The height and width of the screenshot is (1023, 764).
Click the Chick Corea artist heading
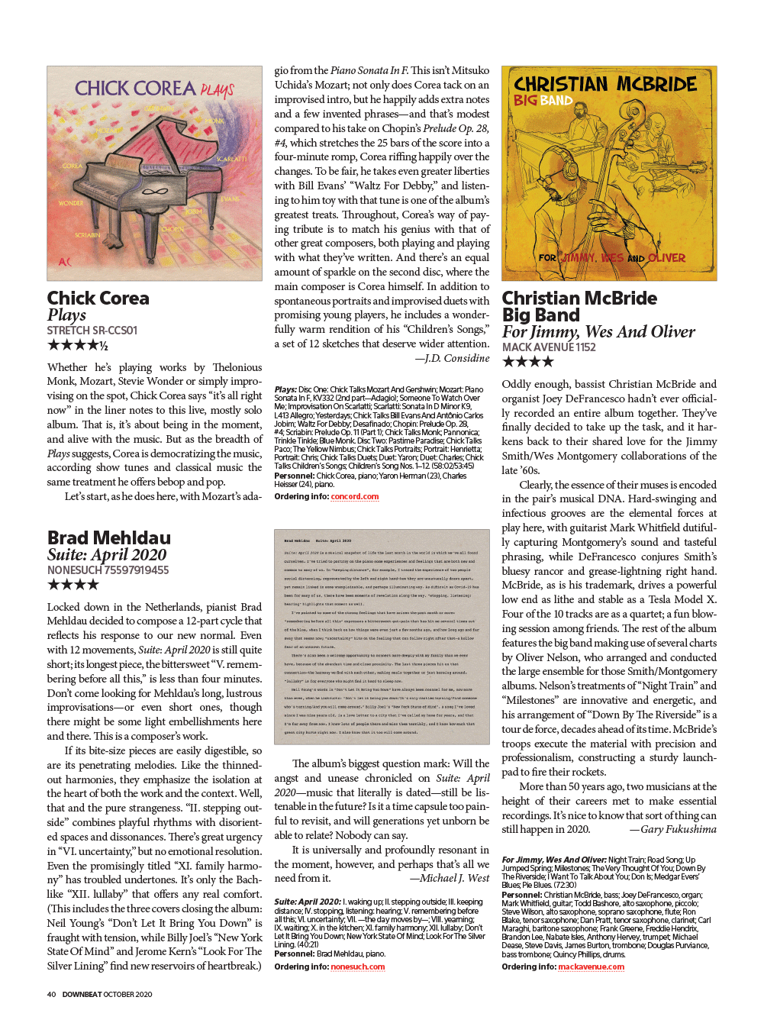(x=98, y=298)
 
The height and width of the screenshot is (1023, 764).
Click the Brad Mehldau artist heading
(x=108, y=537)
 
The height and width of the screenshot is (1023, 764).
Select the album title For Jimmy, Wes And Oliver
(x=598, y=331)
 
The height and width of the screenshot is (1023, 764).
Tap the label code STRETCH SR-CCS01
(x=92, y=331)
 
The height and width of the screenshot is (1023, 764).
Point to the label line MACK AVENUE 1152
(x=549, y=347)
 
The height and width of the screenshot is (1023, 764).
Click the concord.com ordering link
(x=354, y=496)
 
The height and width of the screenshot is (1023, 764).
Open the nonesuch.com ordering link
(x=357, y=967)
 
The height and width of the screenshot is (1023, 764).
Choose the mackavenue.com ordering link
(x=591, y=967)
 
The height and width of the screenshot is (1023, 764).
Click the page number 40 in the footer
(x=51, y=994)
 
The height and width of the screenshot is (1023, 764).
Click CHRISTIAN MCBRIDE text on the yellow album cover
(x=605, y=84)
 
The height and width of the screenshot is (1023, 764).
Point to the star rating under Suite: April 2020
(x=73, y=585)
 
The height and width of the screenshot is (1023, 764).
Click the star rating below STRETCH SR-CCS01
(x=77, y=345)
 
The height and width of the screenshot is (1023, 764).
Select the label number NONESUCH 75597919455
(x=108, y=570)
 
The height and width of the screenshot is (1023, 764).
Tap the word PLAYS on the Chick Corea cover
(x=218, y=91)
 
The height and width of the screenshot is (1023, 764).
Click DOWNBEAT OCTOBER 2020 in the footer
(x=107, y=994)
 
